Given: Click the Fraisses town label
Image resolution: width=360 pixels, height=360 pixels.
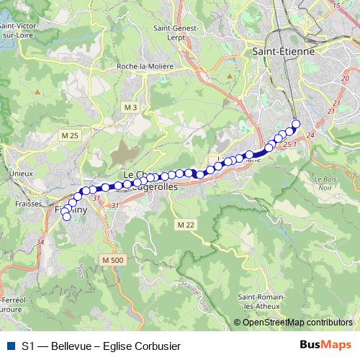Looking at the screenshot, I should click(27, 204).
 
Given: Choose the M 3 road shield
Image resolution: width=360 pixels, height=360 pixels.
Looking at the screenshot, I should click(130, 108).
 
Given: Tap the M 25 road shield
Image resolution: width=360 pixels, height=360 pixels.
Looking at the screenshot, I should click(70, 135).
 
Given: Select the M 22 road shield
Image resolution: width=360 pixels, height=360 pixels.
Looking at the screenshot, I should click(185, 225).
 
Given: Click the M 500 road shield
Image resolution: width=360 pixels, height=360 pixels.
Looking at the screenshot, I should click(113, 260).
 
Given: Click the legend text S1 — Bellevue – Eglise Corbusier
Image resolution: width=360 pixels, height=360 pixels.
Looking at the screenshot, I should click(101, 346).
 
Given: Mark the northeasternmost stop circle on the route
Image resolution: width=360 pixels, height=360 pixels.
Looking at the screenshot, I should click(296, 123).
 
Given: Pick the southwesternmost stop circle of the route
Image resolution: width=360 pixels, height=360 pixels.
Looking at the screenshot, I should click(67, 216).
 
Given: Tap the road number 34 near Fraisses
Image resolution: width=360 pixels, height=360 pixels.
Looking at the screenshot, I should click(40, 243).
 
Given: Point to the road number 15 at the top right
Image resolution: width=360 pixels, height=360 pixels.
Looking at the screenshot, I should click(336, 6).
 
